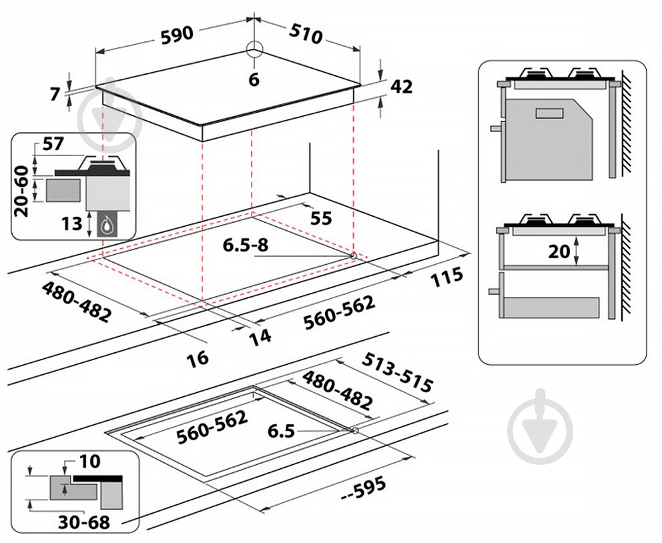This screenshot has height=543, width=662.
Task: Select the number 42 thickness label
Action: [401, 87]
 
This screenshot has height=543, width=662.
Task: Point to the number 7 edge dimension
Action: [55, 94]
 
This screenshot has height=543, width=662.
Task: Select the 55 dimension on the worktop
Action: [321, 218]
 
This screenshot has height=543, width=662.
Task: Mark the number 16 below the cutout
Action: [197, 357]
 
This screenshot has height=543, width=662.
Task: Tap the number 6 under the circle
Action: [253, 79]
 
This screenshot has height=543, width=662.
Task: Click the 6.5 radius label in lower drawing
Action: [281, 431]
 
